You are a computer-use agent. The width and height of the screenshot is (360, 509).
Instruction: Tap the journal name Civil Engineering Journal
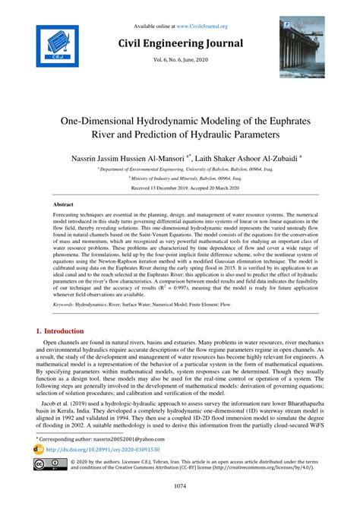(179, 43)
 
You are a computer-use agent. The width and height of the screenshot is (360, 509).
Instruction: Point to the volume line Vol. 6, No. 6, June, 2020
(179, 61)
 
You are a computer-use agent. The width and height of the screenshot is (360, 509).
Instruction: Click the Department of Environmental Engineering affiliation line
(179, 172)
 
